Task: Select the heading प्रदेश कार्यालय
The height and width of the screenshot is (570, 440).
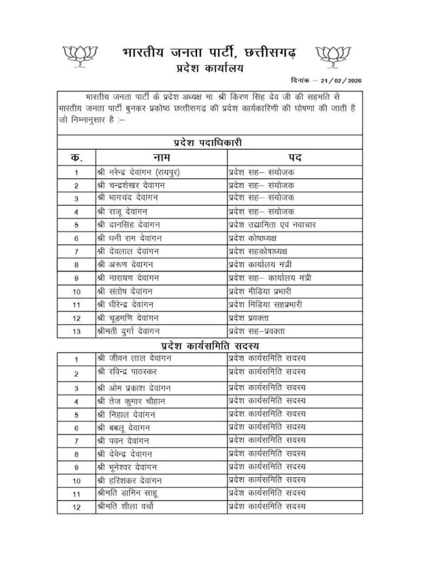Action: click(x=208, y=69)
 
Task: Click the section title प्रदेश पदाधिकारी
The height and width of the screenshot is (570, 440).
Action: click(x=208, y=142)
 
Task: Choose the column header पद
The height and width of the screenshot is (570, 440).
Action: click(x=295, y=157)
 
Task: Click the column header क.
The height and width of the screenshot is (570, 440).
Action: click(x=76, y=157)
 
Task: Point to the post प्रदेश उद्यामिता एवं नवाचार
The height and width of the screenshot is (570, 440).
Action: click(x=273, y=224)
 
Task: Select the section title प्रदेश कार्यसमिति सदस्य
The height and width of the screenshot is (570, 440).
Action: click(x=208, y=345)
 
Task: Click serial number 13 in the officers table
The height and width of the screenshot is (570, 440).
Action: click(x=76, y=331)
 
